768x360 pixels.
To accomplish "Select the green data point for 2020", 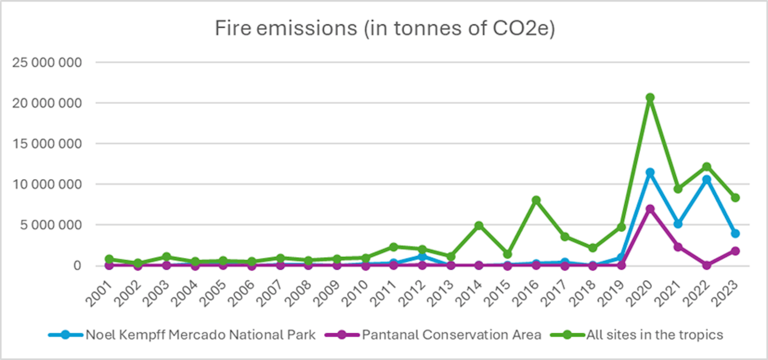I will [649, 97].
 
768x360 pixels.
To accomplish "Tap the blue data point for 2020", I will [649, 172].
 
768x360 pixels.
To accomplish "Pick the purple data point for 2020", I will [649, 208].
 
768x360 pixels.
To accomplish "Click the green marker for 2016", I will [536, 200].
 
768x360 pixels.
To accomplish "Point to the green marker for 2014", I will [479, 225].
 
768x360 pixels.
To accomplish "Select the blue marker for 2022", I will [706, 179].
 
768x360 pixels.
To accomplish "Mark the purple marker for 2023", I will [735, 251].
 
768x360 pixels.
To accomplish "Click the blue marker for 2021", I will [678, 223].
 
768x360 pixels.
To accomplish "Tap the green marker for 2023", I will [735, 197].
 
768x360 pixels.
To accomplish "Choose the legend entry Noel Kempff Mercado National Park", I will [200, 334].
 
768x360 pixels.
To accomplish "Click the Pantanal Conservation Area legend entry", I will [451, 334].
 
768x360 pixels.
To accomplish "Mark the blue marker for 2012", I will [422, 256].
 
